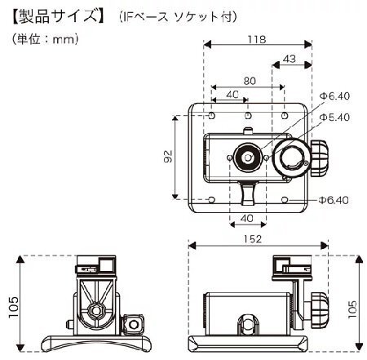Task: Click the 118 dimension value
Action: point(257,39)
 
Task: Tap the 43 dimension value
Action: point(290,59)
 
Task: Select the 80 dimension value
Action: point(250,81)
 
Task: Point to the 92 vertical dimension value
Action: point(168,156)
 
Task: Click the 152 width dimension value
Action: point(253,239)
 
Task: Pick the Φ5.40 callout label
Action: point(335,118)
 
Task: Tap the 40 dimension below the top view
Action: point(247,218)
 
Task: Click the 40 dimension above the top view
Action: point(232,95)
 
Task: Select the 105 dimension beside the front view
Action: point(13,307)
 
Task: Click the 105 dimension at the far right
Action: point(352,309)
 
